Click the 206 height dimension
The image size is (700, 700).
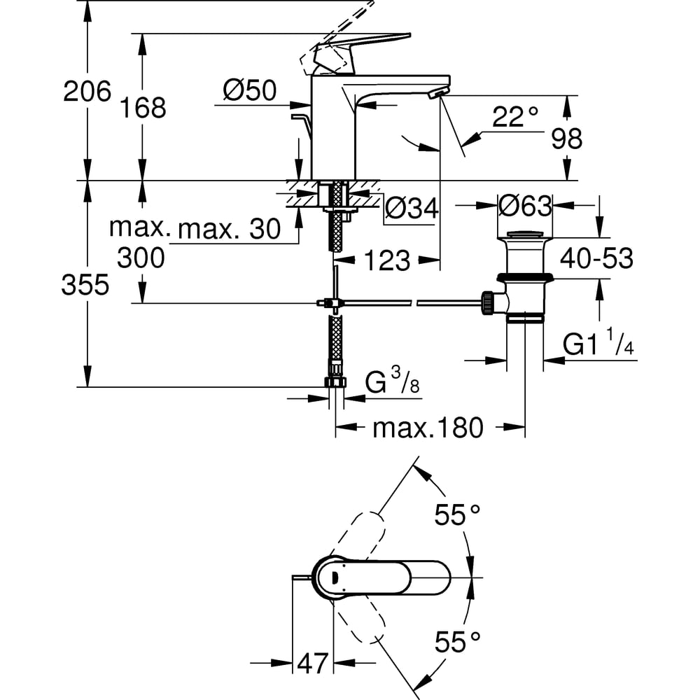[87, 91]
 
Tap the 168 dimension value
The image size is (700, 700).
[143, 108]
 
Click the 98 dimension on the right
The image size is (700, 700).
[567, 139]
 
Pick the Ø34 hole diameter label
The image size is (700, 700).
[412, 207]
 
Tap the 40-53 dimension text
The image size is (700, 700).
[596, 259]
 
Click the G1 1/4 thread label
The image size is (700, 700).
[598, 345]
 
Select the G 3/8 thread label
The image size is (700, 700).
[392, 384]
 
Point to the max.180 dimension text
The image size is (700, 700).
[428, 428]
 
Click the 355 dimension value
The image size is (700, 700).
[85, 285]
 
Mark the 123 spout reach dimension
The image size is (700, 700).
[386, 260]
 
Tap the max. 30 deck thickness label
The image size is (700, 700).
[229, 228]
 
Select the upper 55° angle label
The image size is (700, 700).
[457, 516]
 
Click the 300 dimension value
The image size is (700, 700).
[141, 258]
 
